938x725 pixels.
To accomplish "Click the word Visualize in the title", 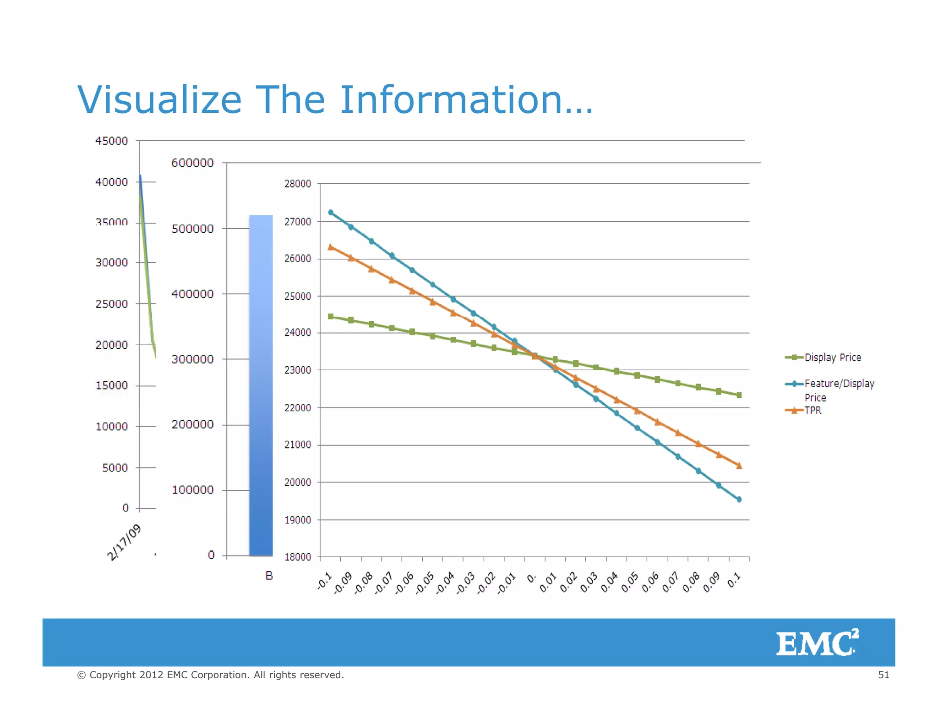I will (x=159, y=100).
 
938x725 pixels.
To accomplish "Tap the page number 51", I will (x=883, y=675).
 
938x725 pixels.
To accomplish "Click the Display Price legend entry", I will (x=832, y=357).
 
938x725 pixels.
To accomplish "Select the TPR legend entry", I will (x=813, y=410).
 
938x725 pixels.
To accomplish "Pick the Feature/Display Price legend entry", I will (x=839, y=384).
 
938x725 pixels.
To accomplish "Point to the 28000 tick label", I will (x=297, y=184).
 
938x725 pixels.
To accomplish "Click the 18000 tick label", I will (x=297, y=557).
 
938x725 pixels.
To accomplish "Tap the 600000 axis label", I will (x=192, y=163).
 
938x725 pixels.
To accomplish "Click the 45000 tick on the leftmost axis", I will (x=111, y=141).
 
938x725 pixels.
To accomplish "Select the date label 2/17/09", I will (x=124, y=543).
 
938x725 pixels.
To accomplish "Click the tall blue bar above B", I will (x=261, y=385).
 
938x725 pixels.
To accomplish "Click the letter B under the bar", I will (x=269, y=576).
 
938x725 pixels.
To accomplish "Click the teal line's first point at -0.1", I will (x=331, y=212).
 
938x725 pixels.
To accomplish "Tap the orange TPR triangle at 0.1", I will (x=739, y=466).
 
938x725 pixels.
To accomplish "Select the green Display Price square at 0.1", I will (x=739, y=395).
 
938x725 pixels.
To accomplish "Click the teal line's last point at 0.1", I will (x=739, y=500).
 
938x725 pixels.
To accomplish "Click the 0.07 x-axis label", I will (x=670, y=582).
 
